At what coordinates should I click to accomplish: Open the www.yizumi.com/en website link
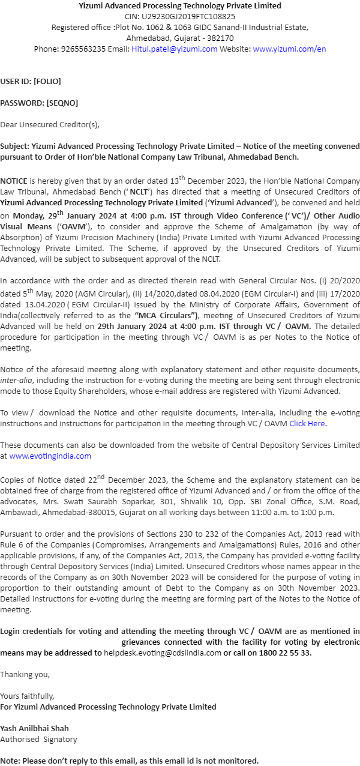click(x=289, y=49)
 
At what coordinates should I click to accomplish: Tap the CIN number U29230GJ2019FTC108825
click(x=188, y=16)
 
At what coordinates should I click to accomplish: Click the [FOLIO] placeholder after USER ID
click(x=47, y=81)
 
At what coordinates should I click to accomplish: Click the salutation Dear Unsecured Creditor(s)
click(x=50, y=125)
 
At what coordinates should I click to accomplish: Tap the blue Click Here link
click(x=307, y=423)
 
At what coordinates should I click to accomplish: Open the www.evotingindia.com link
click(x=50, y=456)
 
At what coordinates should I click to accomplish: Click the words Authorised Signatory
click(x=38, y=739)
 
